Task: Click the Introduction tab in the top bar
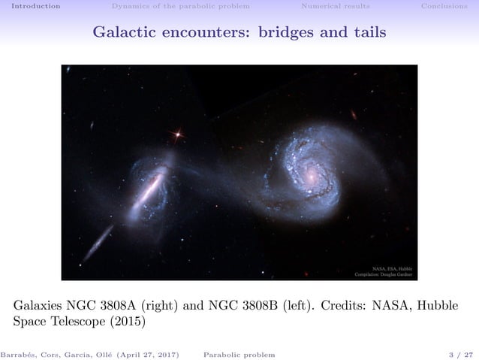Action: [31, 6]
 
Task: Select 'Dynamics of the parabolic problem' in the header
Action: [180, 6]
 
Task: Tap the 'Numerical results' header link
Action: [335, 6]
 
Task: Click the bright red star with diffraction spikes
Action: [178, 135]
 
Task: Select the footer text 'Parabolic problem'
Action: [239, 354]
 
